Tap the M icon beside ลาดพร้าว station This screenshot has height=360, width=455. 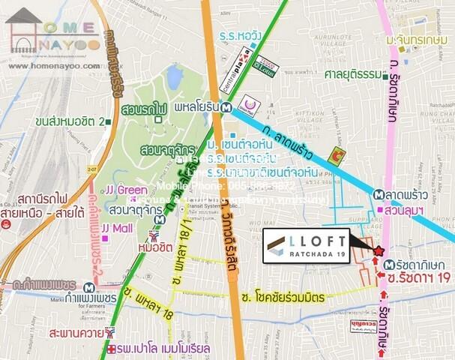tap(378, 195)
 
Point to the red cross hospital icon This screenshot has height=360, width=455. tap(112, 350)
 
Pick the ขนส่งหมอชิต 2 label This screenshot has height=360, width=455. tap(72, 120)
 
